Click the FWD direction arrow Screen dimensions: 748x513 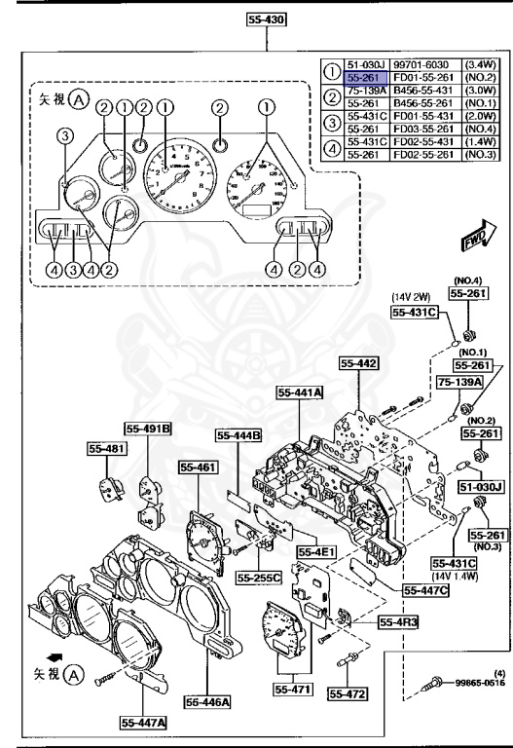click(478, 238)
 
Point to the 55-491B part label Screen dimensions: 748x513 click(147, 428)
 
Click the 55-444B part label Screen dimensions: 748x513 click(239, 435)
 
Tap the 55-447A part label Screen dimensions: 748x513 click(144, 722)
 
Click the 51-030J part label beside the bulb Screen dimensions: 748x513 click(480, 486)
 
